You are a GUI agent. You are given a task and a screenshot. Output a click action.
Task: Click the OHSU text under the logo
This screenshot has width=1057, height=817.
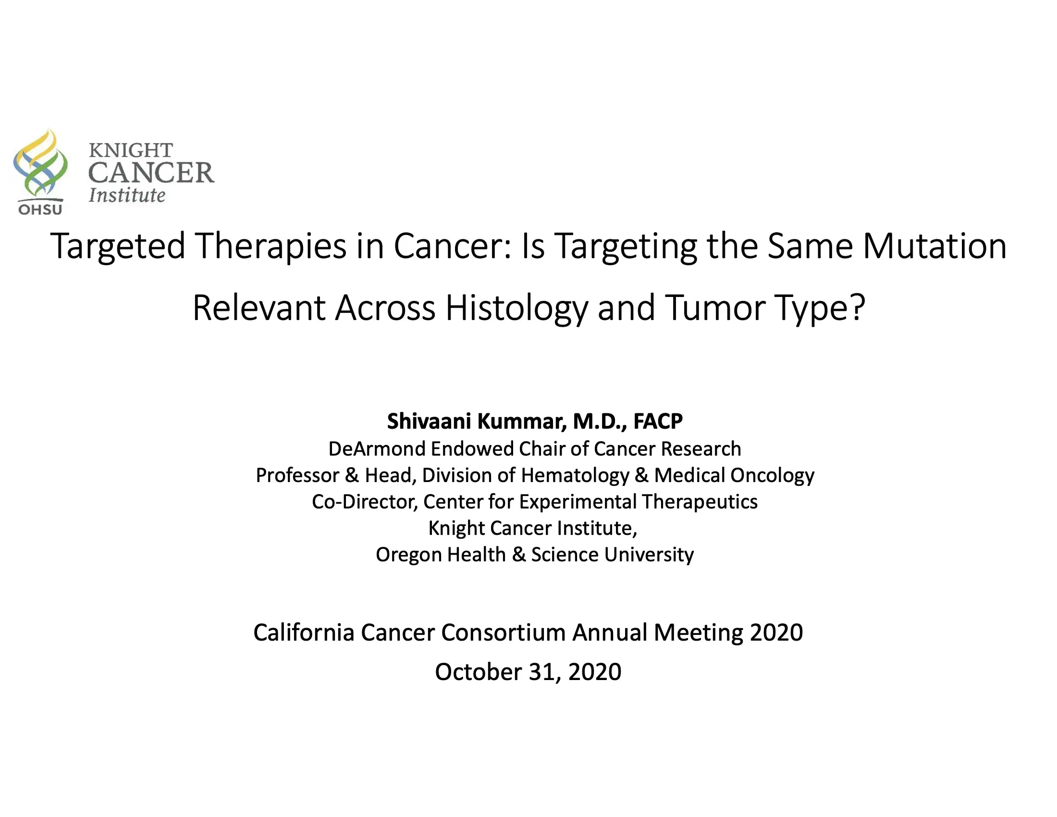point(40,210)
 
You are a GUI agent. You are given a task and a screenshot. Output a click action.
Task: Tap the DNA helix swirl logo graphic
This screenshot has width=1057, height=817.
point(40,162)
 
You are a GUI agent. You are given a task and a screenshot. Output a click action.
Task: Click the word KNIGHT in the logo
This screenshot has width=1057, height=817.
point(131,150)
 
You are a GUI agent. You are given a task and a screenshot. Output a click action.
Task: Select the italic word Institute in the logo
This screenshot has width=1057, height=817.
point(127,195)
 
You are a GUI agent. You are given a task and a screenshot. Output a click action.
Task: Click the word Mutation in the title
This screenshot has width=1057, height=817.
point(934,247)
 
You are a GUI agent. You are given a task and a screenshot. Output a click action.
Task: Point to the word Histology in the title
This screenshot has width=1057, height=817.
point(516,309)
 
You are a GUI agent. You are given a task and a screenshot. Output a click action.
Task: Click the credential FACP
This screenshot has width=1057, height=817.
point(658,421)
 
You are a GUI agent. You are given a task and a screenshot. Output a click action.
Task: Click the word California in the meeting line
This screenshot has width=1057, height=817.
point(304,632)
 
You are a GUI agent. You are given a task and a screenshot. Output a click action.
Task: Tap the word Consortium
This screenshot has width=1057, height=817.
point(503,632)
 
